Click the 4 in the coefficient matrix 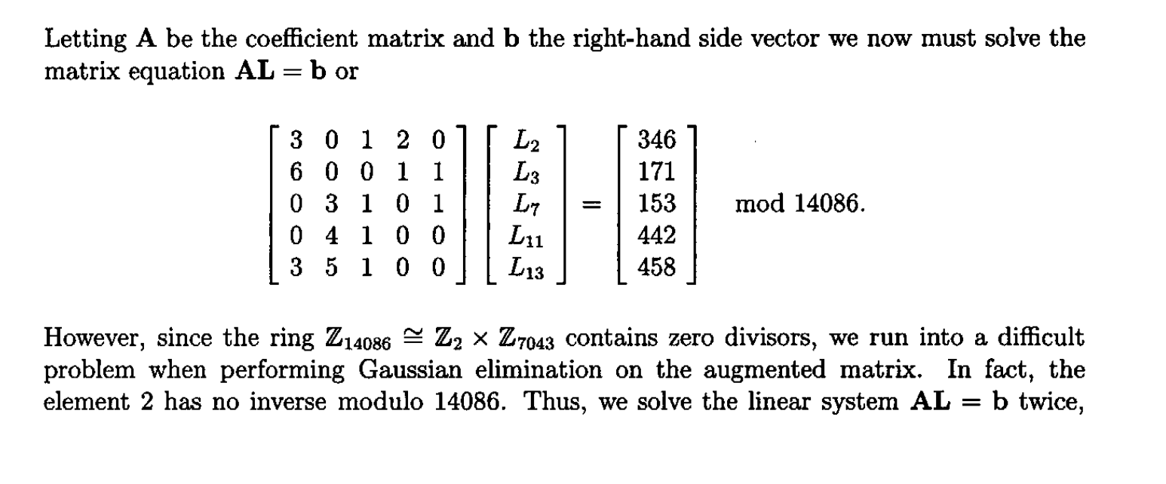tap(330, 236)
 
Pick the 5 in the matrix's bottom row tap(330, 268)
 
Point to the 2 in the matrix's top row tap(402, 140)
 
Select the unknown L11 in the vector tap(526, 237)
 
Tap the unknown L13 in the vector tap(526, 269)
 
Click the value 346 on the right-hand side tap(656, 140)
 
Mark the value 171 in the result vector tap(656, 173)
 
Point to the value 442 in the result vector tap(656, 236)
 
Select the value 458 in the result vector tap(656, 268)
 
